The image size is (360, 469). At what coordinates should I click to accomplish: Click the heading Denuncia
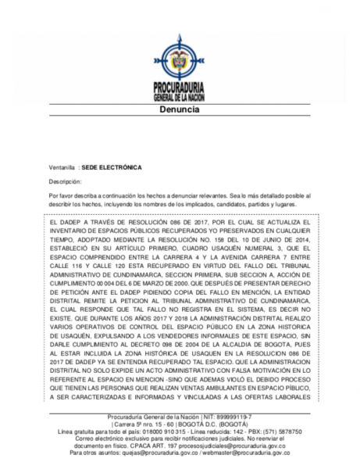(x=180, y=111)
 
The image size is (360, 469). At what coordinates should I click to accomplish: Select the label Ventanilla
(x=61, y=167)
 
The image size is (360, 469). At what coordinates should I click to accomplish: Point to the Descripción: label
(x=66, y=181)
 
